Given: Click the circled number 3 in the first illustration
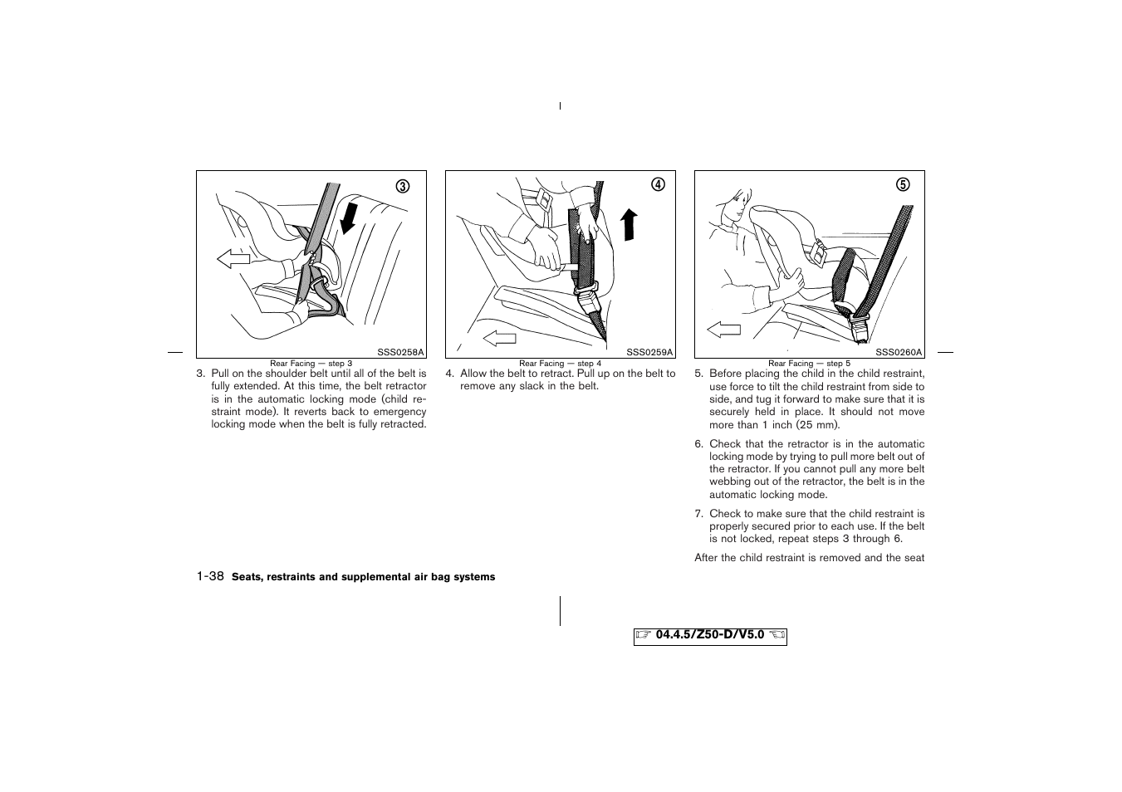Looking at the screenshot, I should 403,187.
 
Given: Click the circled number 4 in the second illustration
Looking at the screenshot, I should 658,184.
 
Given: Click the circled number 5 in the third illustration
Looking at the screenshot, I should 903,184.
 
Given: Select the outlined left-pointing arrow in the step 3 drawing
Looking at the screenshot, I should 233,260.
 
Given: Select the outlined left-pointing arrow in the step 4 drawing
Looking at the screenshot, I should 499,337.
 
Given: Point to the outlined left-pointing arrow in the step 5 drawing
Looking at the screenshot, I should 723,330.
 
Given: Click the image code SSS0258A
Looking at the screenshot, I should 400,352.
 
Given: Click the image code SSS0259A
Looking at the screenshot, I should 649,352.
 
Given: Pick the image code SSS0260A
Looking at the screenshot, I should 899,352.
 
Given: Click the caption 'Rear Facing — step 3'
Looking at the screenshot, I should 311,364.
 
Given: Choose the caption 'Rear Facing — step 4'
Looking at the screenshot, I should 560,364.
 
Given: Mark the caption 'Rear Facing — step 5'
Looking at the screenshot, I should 809,364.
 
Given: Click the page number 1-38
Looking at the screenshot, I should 210,576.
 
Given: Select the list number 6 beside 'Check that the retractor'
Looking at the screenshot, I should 698,444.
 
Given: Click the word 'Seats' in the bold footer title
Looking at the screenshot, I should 246,577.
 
